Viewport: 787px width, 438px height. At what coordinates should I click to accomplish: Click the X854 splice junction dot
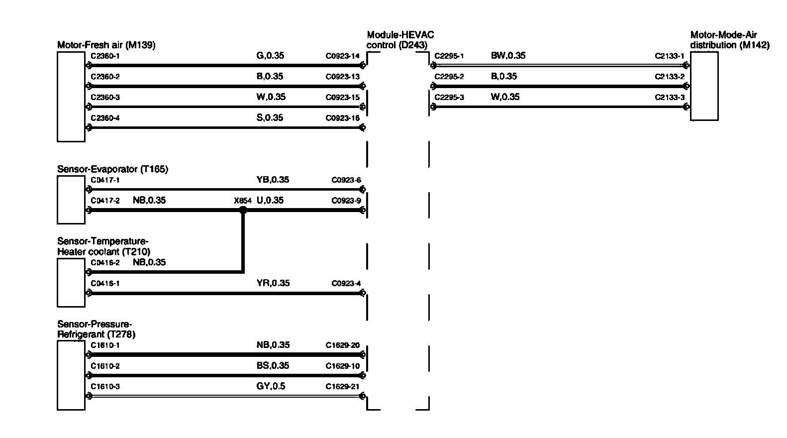coord(243,210)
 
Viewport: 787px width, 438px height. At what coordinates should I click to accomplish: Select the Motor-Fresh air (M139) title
coord(106,45)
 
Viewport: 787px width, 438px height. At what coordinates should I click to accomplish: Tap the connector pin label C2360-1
coord(105,56)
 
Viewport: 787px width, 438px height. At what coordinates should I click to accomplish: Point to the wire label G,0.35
coord(270,56)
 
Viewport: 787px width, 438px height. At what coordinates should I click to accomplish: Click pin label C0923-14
coord(342,56)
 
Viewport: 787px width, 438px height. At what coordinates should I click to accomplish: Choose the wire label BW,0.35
coord(508,56)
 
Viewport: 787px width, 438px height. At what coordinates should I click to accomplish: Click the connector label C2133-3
coord(669,98)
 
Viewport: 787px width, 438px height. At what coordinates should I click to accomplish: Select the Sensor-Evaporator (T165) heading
coord(112,169)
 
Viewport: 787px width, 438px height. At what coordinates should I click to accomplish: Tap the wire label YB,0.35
coord(272,180)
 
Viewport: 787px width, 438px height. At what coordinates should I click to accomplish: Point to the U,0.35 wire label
coord(270,201)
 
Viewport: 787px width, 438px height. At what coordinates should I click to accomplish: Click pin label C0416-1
coord(105,284)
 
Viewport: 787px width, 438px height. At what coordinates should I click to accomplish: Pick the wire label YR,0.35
coord(273,283)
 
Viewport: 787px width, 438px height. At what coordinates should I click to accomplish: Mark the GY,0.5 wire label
coord(271,386)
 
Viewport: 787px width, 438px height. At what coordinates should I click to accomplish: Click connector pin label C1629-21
coord(342,387)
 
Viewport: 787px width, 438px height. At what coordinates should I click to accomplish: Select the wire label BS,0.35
coord(272,366)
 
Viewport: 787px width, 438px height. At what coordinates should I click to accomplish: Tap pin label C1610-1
coord(105,345)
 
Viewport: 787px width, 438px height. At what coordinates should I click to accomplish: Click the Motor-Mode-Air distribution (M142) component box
coord(704,86)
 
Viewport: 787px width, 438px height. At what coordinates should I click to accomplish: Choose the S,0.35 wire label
coord(270,118)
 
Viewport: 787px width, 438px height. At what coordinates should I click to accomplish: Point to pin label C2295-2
coord(449,77)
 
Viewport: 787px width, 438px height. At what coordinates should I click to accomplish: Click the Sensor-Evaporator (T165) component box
coord(71,200)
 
